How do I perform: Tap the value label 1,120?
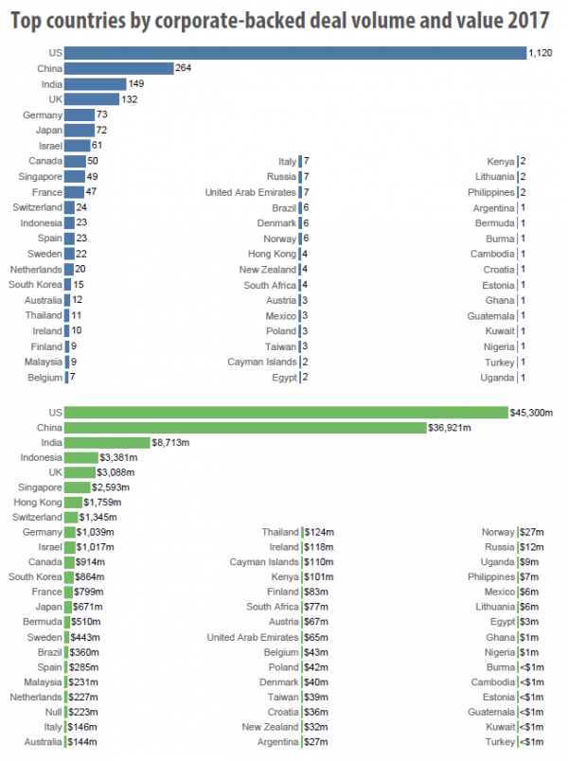click(541, 53)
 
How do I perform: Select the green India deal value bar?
click(108, 443)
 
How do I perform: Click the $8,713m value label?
click(172, 443)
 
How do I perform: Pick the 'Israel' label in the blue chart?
click(48, 145)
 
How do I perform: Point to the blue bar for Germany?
click(80, 115)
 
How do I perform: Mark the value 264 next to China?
click(184, 68)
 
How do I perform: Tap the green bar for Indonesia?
click(80, 458)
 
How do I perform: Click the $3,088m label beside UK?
click(116, 473)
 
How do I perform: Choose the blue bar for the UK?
click(93, 99)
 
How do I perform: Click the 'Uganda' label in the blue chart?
click(497, 378)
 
